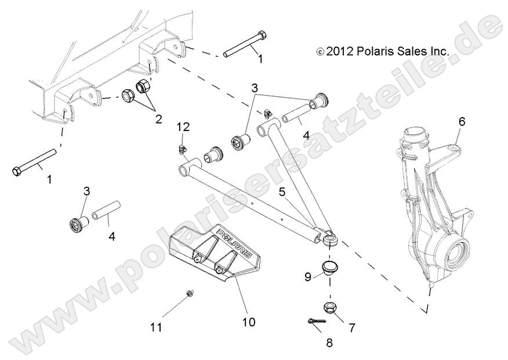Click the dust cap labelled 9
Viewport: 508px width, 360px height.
[329, 269]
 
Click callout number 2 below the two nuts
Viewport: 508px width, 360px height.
[157, 120]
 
